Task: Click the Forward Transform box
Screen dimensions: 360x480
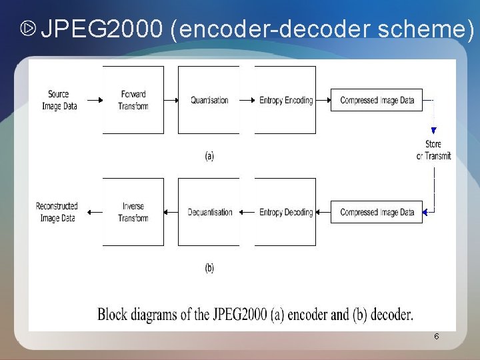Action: point(133,100)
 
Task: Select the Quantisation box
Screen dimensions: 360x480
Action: point(209,100)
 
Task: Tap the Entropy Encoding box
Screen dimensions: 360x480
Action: point(285,100)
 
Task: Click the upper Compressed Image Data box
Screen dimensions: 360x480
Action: point(377,100)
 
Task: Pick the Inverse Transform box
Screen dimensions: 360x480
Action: point(133,212)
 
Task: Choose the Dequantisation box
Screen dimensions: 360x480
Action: point(209,212)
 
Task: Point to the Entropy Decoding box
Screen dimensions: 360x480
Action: point(285,212)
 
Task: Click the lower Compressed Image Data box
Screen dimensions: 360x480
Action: point(377,212)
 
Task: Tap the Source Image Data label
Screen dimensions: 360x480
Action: point(59,100)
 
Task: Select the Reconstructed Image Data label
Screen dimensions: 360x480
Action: point(57,212)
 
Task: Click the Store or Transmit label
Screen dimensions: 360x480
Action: point(434,150)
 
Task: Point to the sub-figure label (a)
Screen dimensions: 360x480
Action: point(209,156)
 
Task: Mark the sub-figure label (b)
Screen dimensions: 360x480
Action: point(209,268)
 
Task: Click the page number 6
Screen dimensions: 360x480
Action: point(436,337)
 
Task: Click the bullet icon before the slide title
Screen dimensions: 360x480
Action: point(27,29)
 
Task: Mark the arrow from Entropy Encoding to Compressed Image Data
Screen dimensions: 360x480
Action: point(323,101)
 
